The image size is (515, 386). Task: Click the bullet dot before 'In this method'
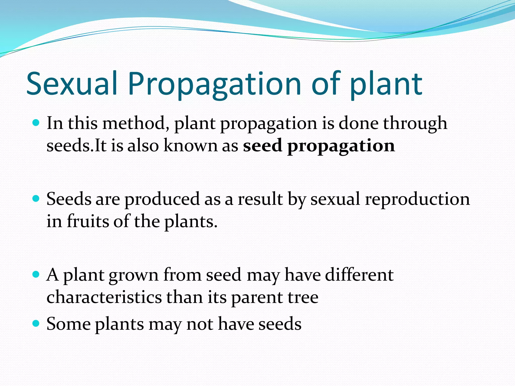pos(36,123)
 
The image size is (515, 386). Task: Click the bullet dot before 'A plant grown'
pos(36,274)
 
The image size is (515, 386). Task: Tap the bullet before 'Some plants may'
pos(36,323)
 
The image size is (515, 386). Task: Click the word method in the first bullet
pos(136,123)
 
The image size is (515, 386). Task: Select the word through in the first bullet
pos(415,123)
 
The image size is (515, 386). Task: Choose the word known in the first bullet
pos(190,146)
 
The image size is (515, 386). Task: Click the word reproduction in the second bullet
pos(417,199)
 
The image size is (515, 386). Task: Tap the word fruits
pos(88,221)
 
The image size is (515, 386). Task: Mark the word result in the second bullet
pos(260,199)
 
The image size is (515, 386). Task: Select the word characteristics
pos(104,297)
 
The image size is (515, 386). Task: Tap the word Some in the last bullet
pos(68,324)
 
